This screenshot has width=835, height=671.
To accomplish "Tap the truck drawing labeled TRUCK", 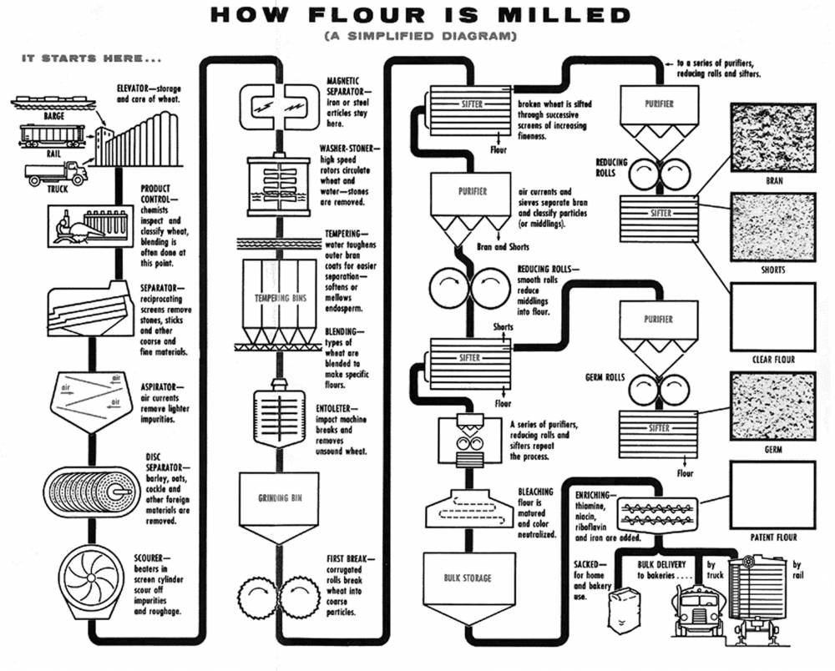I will coord(55,174).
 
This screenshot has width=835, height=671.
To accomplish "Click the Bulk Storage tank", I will coord(468,578).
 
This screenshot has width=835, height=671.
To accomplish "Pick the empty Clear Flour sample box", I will coord(772,317).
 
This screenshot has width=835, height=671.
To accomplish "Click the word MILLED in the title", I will coord(561,15).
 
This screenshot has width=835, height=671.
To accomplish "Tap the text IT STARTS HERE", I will coord(91,59).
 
